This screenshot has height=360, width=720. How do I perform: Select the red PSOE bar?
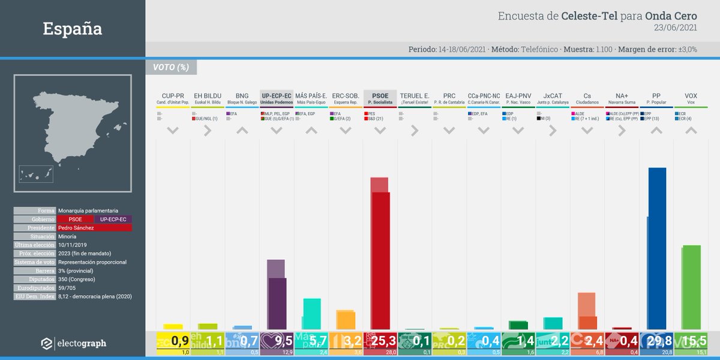pyautogui.click(x=380, y=258)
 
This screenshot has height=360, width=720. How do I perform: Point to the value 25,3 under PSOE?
pyautogui.click(x=380, y=341)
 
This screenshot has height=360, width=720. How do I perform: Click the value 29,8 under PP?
pyautogui.click(x=657, y=341)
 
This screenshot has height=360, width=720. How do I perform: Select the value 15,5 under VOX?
pyautogui.click(x=691, y=341)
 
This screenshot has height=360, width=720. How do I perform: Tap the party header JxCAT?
pyautogui.click(x=553, y=96)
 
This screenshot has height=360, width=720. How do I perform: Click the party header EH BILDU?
pyautogui.click(x=208, y=96)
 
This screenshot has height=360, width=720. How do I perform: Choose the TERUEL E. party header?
pyautogui.click(x=415, y=96)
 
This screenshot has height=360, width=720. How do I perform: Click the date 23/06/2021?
pyautogui.click(x=676, y=28)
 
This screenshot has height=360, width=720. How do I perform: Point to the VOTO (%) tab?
pyautogui.click(x=171, y=67)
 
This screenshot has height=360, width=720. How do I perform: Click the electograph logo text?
pyautogui.click(x=81, y=343)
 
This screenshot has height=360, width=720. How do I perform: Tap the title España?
pyautogui.click(x=73, y=28)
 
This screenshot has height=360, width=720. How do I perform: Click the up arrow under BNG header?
pyautogui.click(x=242, y=130)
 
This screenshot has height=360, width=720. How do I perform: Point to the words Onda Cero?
pyautogui.click(x=671, y=16)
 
